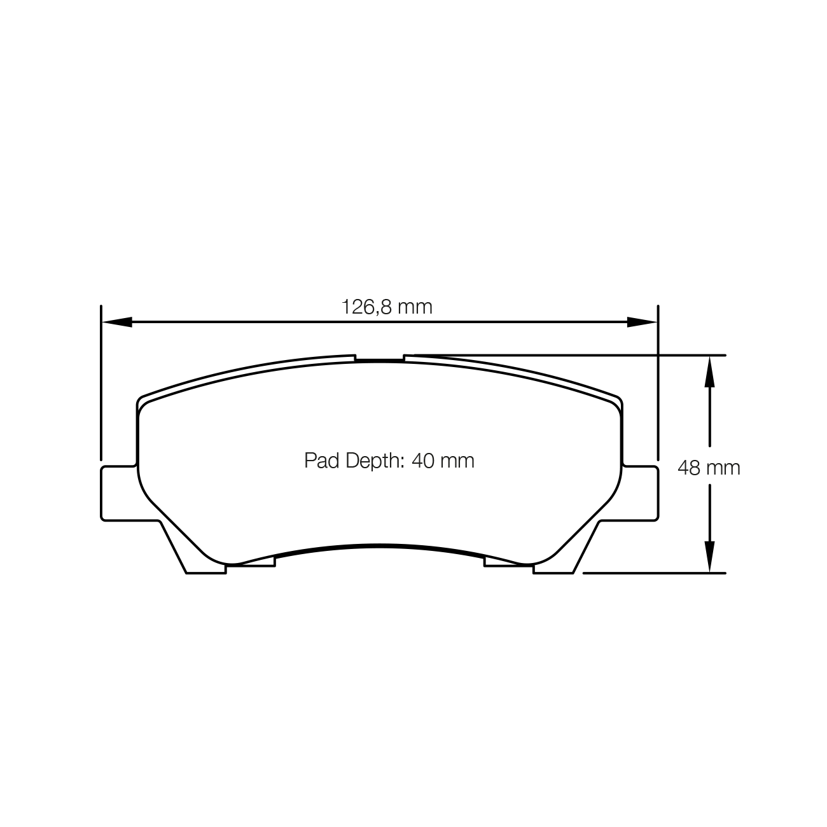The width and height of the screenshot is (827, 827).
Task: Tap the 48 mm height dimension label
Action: [709, 468]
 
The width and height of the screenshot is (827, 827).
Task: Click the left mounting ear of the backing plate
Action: [118, 493]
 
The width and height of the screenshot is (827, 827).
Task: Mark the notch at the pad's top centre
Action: [379, 358]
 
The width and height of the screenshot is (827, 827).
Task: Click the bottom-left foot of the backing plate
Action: [197, 560]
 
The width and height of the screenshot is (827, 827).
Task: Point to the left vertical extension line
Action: [101, 382]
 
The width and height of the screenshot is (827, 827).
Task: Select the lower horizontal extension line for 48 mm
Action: [655, 573]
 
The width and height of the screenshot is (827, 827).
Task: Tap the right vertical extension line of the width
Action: [658, 382]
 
